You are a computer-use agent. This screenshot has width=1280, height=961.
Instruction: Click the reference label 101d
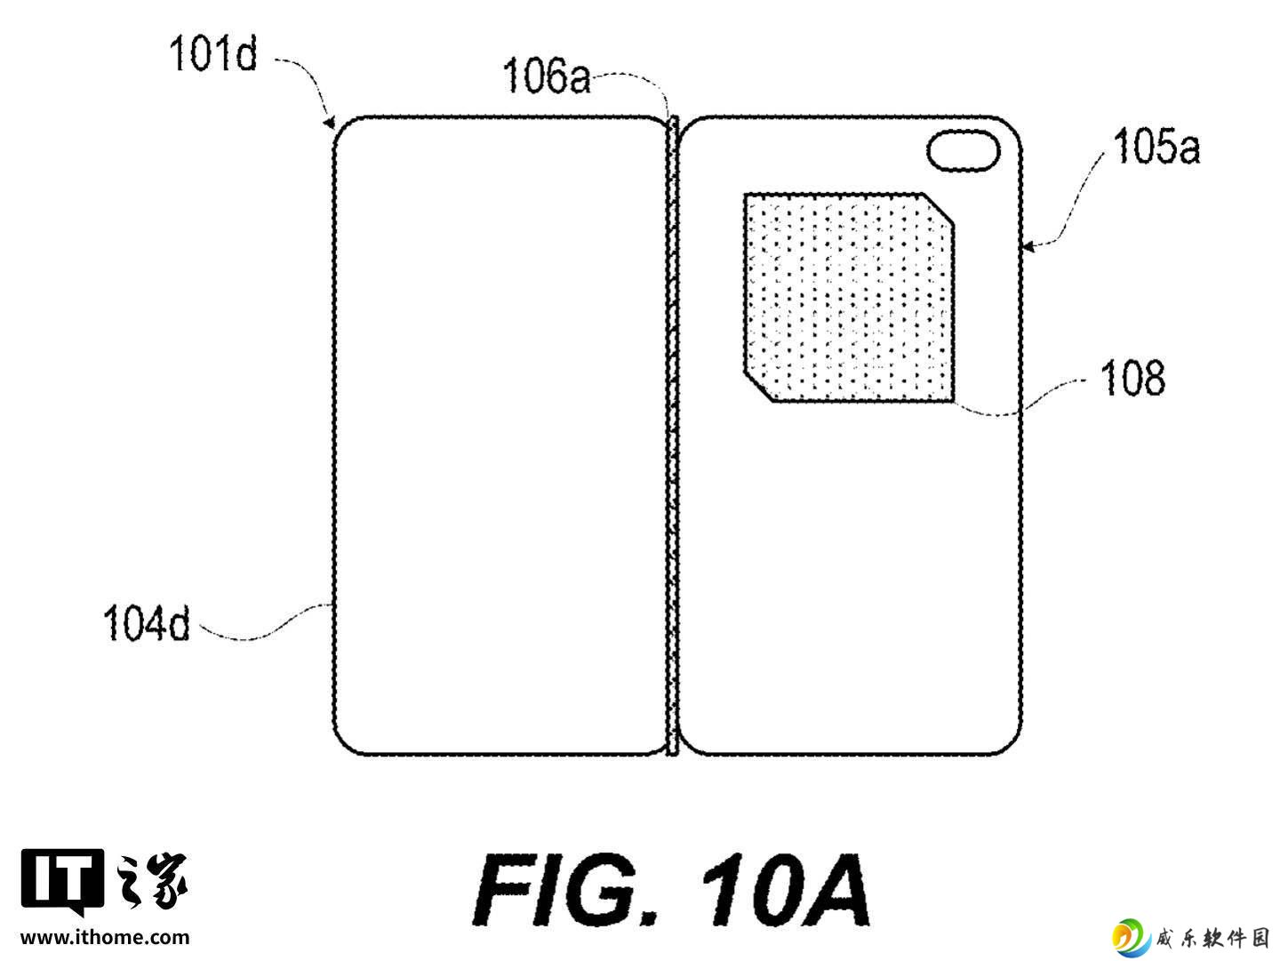click(x=212, y=54)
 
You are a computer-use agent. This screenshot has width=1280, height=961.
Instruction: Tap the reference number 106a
click(x=547, y=76)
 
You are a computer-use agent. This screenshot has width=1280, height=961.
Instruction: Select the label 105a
click(x=1156, y=146)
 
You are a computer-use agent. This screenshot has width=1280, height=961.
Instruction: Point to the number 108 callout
click(x=1132, y=379)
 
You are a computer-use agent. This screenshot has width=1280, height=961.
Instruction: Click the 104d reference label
click(x=147, y=623)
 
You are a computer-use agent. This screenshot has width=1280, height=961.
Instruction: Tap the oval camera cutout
click(x=963, y=150)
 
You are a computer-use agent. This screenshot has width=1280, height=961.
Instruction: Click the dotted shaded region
click(x=849, y=298)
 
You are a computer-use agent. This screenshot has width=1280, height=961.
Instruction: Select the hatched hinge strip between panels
click(x=672, y=436)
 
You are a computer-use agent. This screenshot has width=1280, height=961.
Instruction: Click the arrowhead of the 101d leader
click(x=330, y=123)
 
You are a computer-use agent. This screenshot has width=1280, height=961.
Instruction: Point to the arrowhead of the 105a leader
click(x=1029, y=246)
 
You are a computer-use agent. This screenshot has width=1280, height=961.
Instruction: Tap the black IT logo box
click(x=62, y=880)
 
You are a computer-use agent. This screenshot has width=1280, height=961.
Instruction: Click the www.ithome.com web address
click(x=105, y=938)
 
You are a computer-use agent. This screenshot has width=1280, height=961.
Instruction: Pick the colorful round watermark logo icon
click(x=1130, y=938)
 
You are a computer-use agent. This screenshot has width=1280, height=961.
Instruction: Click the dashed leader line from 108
click(x=1020, y=398)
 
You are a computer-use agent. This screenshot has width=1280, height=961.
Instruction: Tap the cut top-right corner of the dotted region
click(x=939, y=208)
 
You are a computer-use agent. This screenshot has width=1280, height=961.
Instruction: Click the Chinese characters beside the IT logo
click(x=152, y=880)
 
